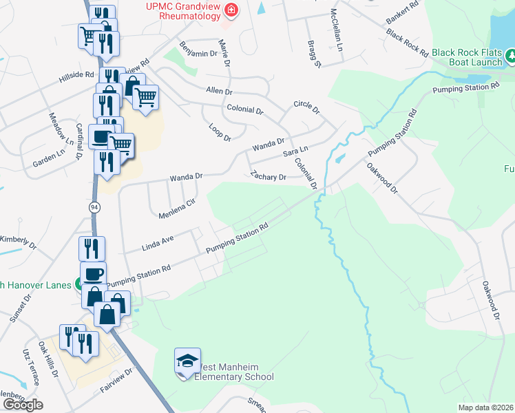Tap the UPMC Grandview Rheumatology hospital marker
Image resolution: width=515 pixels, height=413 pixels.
click(x=231, y=10)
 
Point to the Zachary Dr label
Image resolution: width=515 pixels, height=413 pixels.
click(x=268, y=176)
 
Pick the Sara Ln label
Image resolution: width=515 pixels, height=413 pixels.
click(x=295, y=150)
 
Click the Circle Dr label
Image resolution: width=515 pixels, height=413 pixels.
click(x=306, y=108)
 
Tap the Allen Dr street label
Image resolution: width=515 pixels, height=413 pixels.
click(x=220, y=91)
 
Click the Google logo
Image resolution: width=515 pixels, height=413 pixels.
click(x=23, y=405)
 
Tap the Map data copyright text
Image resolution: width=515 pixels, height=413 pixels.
click(x=485, y=407)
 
